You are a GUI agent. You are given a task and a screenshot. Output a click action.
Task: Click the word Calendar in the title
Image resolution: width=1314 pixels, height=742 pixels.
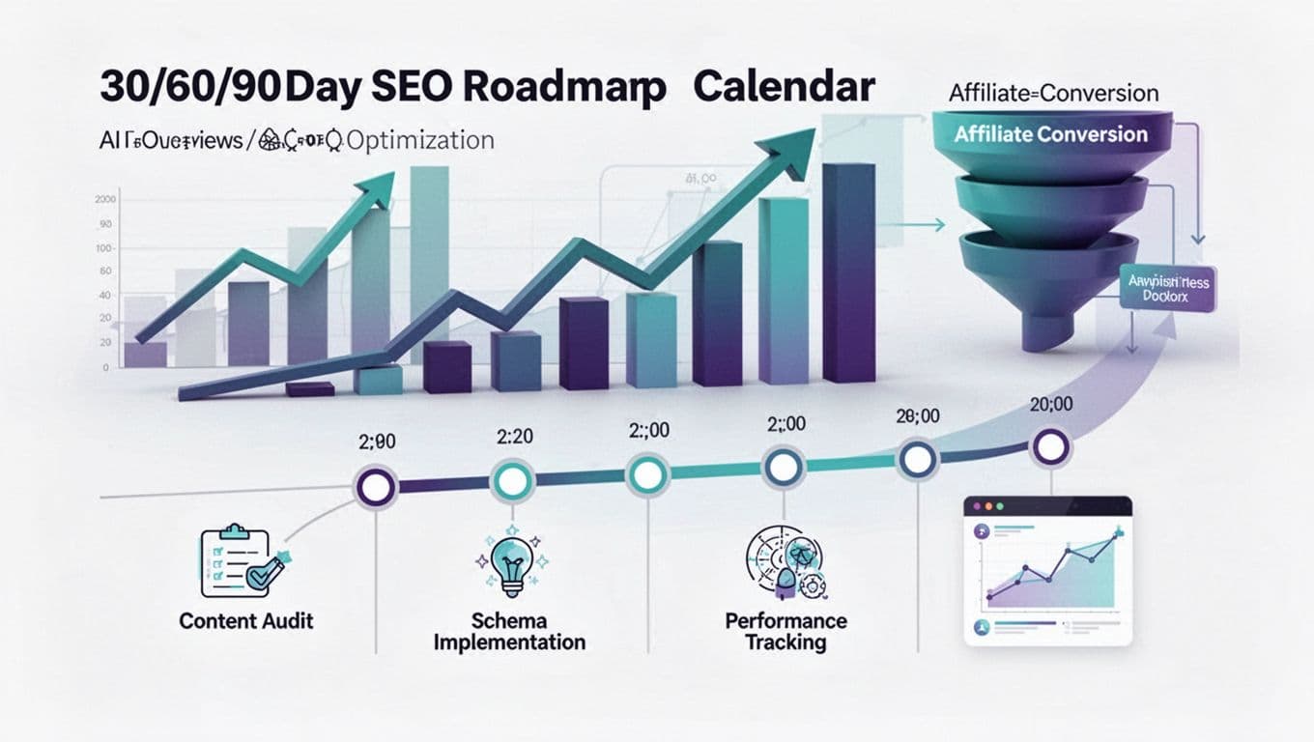click(784, 87)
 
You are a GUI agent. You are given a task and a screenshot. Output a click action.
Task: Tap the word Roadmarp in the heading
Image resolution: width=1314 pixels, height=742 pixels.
click(564, 87)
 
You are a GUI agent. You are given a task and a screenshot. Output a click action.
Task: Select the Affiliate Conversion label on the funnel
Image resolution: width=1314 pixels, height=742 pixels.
click(1050, 134)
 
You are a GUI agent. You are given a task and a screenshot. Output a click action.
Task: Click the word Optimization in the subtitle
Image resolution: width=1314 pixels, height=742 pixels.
click(419, 141)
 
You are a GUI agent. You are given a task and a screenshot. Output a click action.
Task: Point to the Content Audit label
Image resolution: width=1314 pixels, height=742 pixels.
click(246, 620)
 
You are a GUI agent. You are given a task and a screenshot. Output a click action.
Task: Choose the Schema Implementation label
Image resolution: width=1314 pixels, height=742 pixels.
click(509, 631)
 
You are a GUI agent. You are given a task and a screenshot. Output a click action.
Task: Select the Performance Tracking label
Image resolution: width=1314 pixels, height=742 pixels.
click(786, 631)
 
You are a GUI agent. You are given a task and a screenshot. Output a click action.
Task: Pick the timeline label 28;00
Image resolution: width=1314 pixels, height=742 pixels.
click(917, 416)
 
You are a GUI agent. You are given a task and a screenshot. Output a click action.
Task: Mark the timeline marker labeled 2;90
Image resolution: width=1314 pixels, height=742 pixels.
click(375, 486)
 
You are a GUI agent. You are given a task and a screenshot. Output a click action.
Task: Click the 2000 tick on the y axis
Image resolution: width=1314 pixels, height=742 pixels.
click(105, 199)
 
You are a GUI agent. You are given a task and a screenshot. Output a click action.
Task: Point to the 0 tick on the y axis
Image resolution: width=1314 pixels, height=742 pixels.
click(105, 368)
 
